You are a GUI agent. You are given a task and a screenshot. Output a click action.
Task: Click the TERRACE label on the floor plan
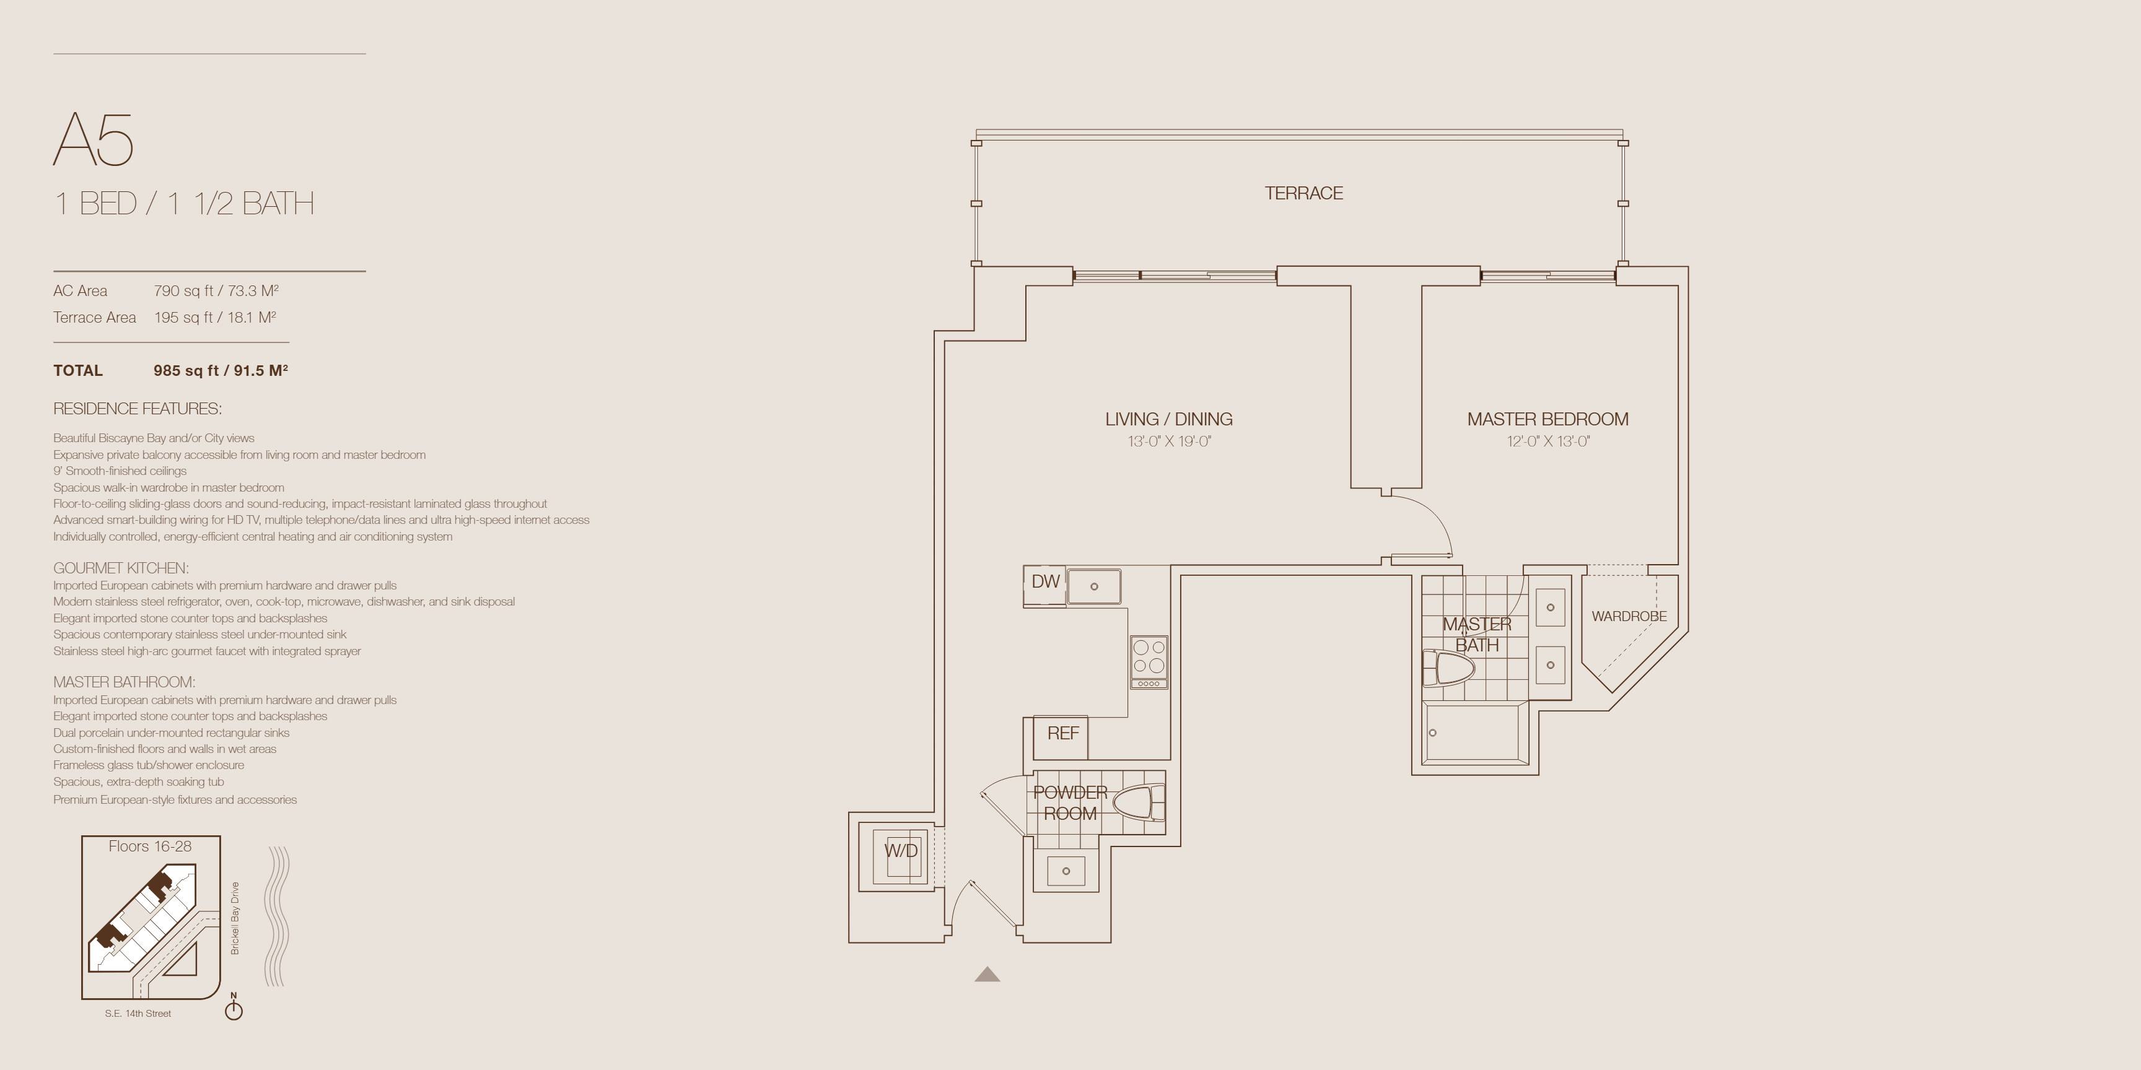coord(1303,193)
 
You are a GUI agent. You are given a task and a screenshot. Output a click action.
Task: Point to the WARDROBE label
coord(1629,616)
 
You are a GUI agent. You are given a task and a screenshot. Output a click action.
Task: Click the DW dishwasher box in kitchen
coord(1044,581)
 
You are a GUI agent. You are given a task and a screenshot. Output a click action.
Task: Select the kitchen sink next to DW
coord(1094,586)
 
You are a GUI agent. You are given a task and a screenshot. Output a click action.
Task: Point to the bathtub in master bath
coord(1476,733)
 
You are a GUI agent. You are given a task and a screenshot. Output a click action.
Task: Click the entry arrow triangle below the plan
coord(987,975)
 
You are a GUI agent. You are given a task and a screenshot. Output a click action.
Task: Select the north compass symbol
coord(234,1007)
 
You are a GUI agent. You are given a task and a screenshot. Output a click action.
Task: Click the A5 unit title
coord(93,139)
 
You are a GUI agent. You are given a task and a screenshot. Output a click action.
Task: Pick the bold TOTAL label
coord(78,370)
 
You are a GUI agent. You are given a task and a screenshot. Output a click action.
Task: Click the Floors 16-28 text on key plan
coord(149,846)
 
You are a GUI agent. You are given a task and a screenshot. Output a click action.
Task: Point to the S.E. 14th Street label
coord(138,1014)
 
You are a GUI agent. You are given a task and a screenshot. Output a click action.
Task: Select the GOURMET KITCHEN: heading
coord(121,568)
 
